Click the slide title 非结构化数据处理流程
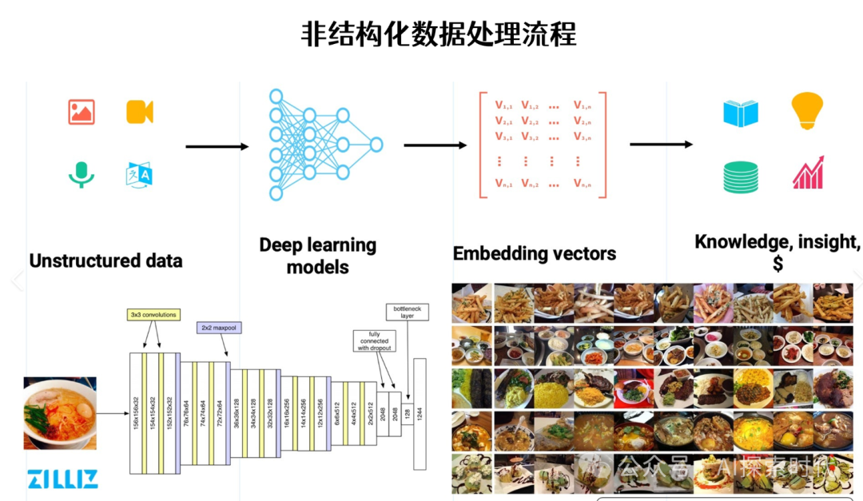point(438,34)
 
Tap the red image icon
point(82,112)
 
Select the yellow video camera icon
point(139,112)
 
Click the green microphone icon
point(81,174)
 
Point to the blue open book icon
point(740,113)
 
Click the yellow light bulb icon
point(806,111)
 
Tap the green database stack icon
point(740,177)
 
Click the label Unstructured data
point(105,261)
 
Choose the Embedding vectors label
point(534,254)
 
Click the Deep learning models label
point(317,256)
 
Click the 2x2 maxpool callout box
point(218,328)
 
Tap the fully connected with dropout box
point(373,342)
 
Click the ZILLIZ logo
point(62,479)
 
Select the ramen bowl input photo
point(60,414)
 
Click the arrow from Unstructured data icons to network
point(217,146)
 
